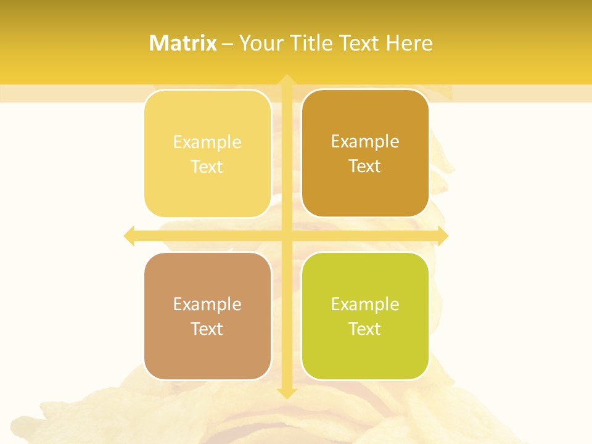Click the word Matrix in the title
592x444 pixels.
(183, 43)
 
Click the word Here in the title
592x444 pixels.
(409, 43)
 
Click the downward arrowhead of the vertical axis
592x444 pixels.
(286, 393)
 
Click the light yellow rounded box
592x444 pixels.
(207, 154)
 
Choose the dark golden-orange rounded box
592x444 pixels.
(365, 154)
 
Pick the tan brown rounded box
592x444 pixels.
(207, 316)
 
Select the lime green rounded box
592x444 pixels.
(365, 316)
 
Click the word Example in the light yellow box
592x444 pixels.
(207, 142)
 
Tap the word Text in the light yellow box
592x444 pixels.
(207, 166)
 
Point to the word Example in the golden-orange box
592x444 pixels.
(365, 141)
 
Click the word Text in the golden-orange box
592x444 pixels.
(365, 166)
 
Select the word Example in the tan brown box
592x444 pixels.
(207, 304)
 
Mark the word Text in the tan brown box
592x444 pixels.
(207, 329)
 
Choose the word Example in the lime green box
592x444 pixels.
(365, 304)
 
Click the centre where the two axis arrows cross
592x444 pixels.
(286, 236)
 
